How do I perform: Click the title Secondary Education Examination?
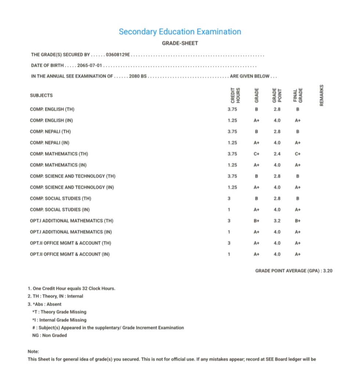(x=180, y=32)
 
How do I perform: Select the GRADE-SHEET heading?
(x=180, y=43)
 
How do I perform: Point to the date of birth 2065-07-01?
(x=90, y=66)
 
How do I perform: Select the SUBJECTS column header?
(x=41, y=95)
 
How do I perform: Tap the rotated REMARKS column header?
(x=322, y=95)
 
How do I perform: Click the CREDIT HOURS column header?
(x=235, y=95)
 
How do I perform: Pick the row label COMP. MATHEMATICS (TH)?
(x=59, y=154)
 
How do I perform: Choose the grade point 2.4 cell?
(x=277, y=154)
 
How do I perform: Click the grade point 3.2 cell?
(x=277, y=221)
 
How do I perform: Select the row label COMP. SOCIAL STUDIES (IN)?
(x=60, y=210)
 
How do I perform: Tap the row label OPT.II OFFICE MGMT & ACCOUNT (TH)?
(x=70, y=243)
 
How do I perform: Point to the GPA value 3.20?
(x=327, y=271)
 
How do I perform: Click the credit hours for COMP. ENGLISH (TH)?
(x=232, y=109)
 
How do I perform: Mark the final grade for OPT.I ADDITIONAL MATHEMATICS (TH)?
(x=298, y=221)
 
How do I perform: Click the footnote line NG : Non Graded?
(x=50, y=335)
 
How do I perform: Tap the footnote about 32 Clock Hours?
(x=72, y=288)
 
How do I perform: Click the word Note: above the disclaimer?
(x=33, y=351)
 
